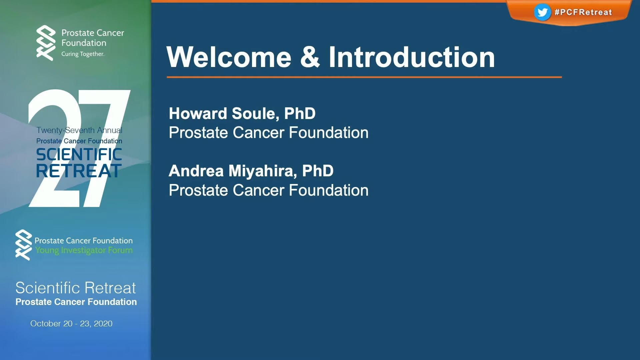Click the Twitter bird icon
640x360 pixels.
click(x=542, y=12)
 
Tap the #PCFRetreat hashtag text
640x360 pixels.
click(x=583, y=12)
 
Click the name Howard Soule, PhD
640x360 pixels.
click(x=242, y=113)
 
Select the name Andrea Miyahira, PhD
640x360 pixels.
click(x=251, y=171)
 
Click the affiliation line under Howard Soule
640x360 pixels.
click(x=268, y=133)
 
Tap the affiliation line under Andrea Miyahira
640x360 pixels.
click(x=268, y=190)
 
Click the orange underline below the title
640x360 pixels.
click(x=364, y=77)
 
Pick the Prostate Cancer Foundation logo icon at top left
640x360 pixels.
click(x=46, y=43)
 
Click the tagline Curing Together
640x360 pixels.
click(x=83, y=54)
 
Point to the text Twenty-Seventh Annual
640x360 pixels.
click(x=79, y=130)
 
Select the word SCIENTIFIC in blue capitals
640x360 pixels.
click(x=79, y=155)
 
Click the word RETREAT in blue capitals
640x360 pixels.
click(x=79, y=171)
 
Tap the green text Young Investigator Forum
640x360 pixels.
click(x=84, y=250)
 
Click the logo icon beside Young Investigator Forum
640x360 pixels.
click(x=24, y=245)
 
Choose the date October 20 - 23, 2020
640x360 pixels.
click(x=71, y=324)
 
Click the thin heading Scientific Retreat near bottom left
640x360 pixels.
click(x=76, y=288)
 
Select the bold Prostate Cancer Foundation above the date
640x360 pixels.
click(x=76, y=302)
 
